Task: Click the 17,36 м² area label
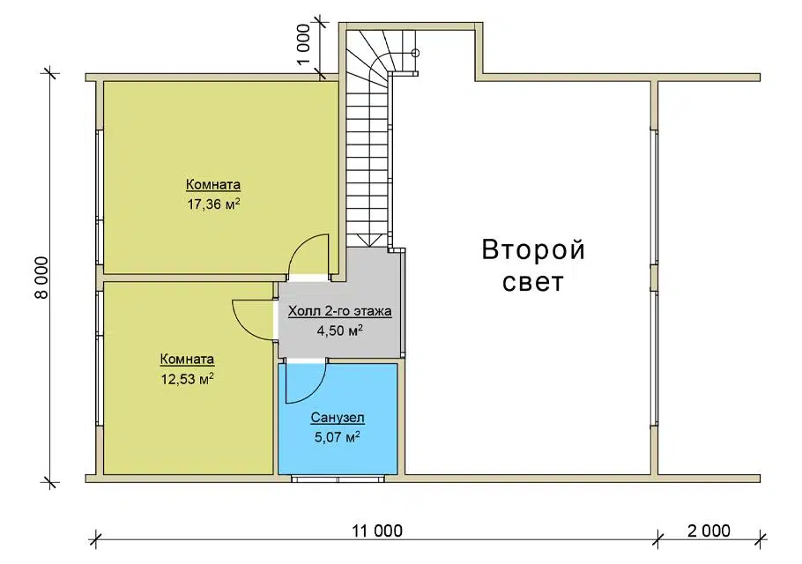coord(213,204)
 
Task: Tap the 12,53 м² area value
coord(187,379)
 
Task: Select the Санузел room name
coord(338,417)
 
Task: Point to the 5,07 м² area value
coord(338,437)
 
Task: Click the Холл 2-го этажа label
coord(339,311)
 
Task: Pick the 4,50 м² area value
coord(339,330)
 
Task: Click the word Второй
coord(533,250)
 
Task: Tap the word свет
coord(533,282)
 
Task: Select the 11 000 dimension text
coord(377,531)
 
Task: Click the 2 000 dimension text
coord(709,531)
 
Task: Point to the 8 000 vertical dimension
coord(41,277)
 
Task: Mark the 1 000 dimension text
coord(303,44)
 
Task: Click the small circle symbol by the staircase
coord(415,53)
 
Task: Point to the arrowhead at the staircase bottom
coord(368,241)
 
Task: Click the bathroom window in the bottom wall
coord(338,479)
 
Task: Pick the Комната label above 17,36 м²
coord(212,184)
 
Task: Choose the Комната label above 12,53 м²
coord(187,359)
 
